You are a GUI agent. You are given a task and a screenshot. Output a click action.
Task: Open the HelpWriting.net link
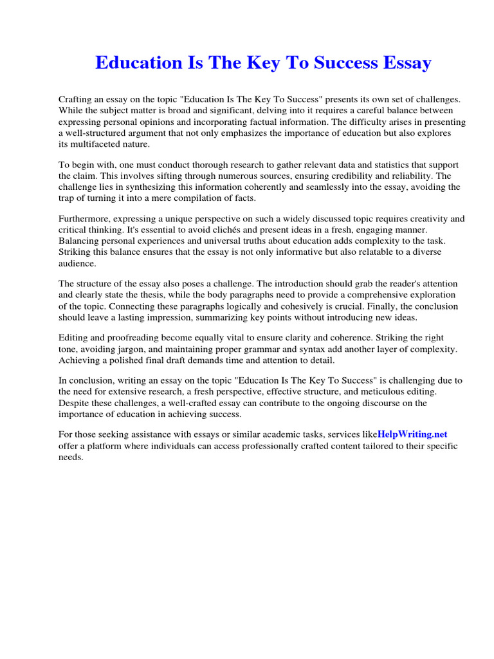[412, 434]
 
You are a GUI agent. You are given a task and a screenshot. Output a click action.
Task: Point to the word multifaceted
[97, 144]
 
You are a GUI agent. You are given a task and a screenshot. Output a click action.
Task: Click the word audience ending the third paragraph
[77, 263]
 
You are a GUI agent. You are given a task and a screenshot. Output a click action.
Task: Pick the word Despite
[73, 403]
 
